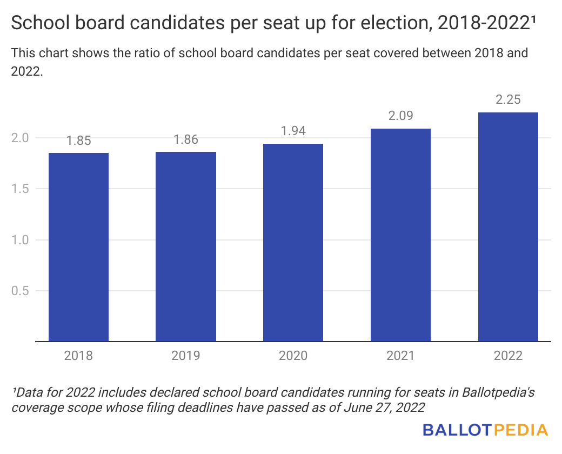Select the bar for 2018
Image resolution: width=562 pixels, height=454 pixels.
pyautogui.click(x=78, y=247)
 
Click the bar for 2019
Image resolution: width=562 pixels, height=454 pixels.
pyautogui.click(x=186, y=246)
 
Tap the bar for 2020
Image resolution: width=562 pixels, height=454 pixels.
pyautogui.click(x=293, y=243)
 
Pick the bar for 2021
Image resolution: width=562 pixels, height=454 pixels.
pyautogui.click(x=400, y=235)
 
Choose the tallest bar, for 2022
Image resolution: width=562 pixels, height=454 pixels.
pyautogui.click(x=508, y=227)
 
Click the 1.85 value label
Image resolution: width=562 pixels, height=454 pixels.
pyautogui.click(x=78, y=141)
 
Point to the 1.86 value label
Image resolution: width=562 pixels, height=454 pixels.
pyautogui.click(x=186, y=140)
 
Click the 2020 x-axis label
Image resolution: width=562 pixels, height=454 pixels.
pyautogui.click(x=293, y=356)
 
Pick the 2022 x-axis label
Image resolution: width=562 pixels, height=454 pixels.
pyautogui.click(x=508, y=356)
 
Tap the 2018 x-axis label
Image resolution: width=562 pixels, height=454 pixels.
pyautogui.click(x=78, y=356)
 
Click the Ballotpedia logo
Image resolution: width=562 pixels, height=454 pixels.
pyautogui.click(x=485, y=430)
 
